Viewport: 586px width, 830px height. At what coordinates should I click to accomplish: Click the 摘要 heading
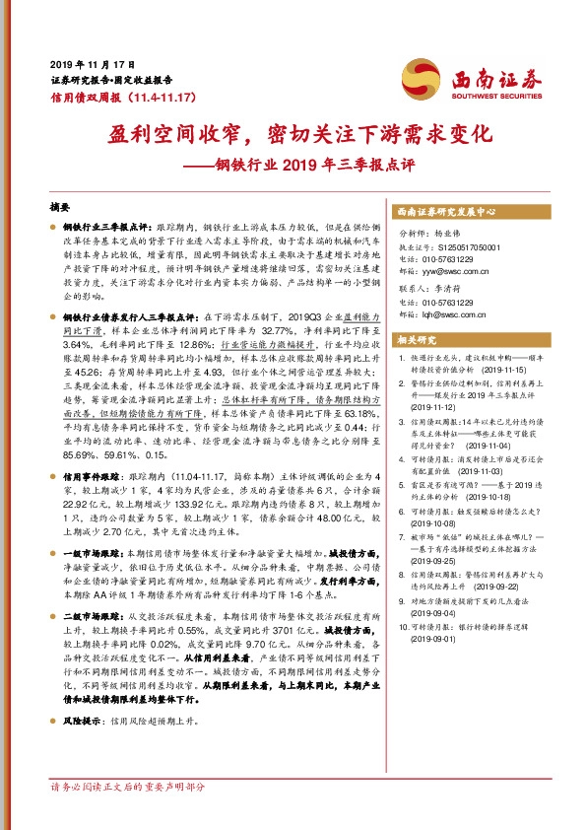tap(60, 208)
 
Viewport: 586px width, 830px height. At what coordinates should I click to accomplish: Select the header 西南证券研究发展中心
tap(447, 213)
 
